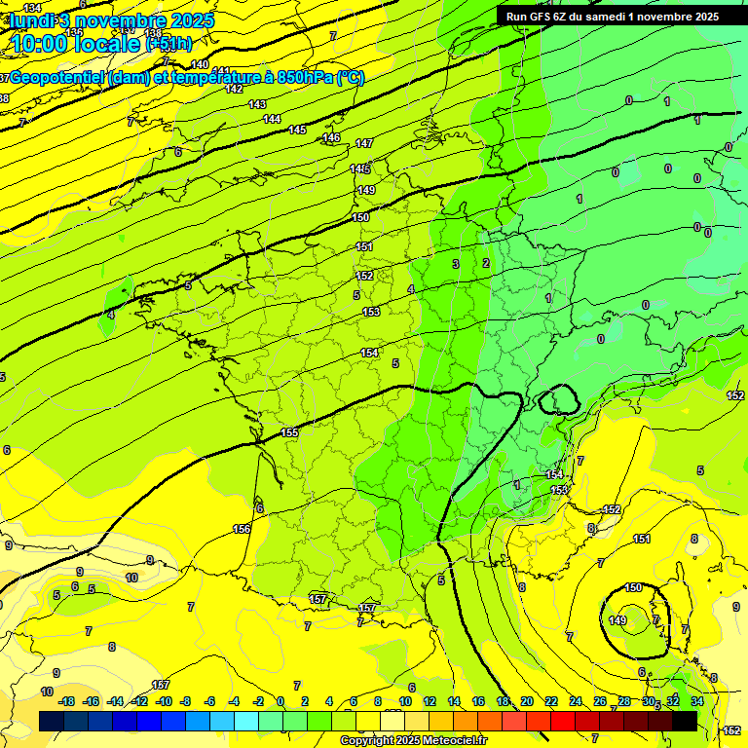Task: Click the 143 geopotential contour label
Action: pyautogui.click(x=257, y=104)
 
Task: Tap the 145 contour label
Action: pyautogui.click(x=297, y=130)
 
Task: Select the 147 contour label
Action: pyautogui.click(x=363, y=143)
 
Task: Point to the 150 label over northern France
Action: pyautogui.click(x=360, y=217)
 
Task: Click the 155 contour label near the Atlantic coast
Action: pyautogui.click(x=289, y=432)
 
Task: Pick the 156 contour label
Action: pyautogui.click(x=242, y=529)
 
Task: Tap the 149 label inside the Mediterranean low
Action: pyautogui.click(x=617, y=620)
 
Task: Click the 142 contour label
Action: pyautogui.click(x=234, y=89)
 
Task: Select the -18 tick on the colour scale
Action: pyautogui.click(x=67, y=701)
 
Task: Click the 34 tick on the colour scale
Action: pyautogui.click(x=696, y=701)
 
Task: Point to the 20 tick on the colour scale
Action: pyautogui.click(x=527, y=701)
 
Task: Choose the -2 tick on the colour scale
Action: pyautogui.click(x=258, y=701)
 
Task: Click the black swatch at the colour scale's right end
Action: pyautogui.click(x=685, y=721)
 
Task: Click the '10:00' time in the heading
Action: pyautogui.click(x=43, y=43)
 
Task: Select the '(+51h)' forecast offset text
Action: pyautogui.click(x=168, y=44)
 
